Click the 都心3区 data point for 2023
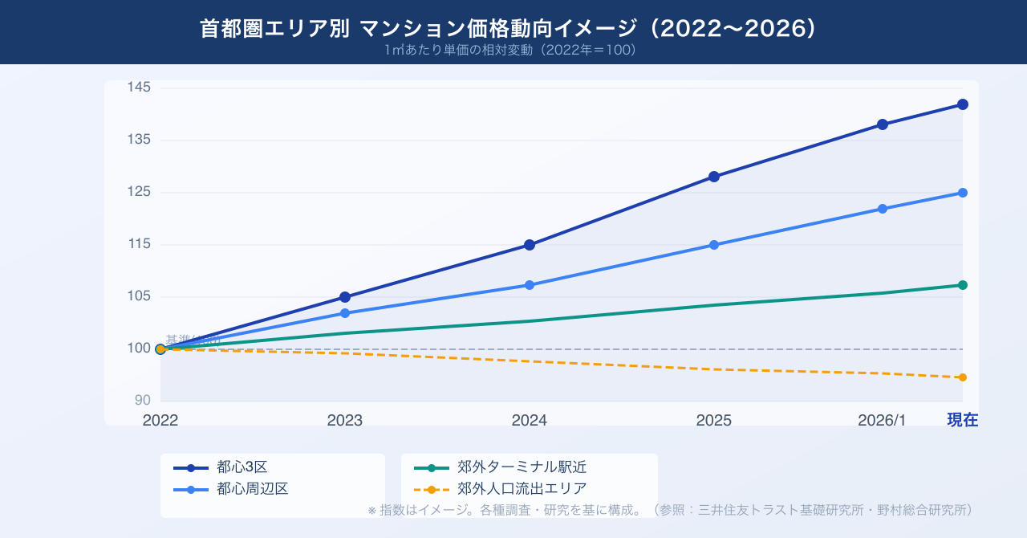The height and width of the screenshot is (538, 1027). point(345,297)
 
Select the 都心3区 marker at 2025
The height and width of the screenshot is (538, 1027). point(714,177)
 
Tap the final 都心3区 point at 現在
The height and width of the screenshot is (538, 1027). point(963,104)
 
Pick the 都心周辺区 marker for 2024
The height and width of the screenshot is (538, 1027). point(530,285)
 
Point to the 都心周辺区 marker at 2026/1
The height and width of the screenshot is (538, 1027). point(883,209)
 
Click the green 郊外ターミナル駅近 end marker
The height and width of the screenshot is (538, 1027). point(963,285)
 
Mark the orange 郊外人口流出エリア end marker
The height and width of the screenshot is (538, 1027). point(963,377)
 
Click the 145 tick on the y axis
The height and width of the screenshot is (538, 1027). point(140,88)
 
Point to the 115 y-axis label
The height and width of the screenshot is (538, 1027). point(140,244)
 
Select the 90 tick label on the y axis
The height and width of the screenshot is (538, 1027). point(143,401)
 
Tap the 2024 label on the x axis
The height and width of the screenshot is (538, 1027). point(530,420)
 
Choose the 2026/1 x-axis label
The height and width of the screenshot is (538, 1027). point(882,420)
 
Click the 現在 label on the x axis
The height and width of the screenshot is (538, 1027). point(963,420)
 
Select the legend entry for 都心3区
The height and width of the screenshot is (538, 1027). point(242,467)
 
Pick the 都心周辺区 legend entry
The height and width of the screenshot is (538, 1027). point(252,488)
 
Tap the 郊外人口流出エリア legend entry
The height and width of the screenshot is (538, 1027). point(522,488)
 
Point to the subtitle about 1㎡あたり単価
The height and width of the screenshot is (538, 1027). point(513,50)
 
